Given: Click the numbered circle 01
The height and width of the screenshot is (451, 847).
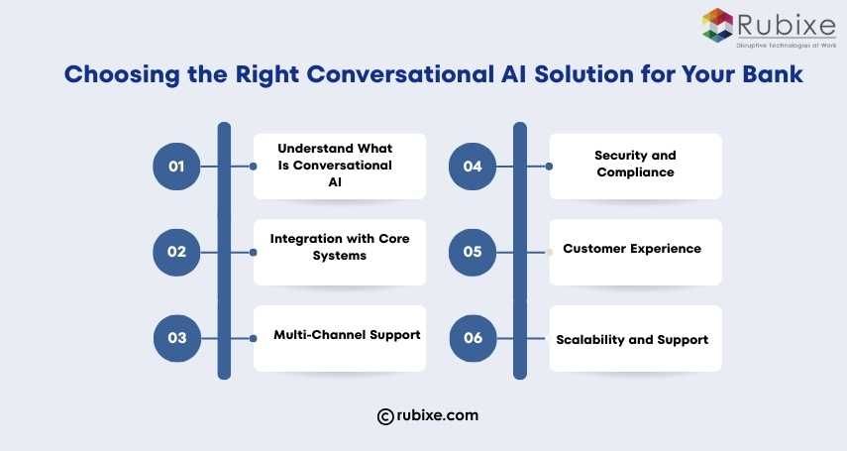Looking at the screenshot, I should point(176,167).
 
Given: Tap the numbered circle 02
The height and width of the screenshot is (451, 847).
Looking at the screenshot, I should point(176,252).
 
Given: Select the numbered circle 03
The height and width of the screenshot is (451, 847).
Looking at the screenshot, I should point(176,338).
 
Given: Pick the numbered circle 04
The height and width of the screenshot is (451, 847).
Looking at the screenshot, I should point(473,167).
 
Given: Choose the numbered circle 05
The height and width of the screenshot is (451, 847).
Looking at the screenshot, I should point(473,252).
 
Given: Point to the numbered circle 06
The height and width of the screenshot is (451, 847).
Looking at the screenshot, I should point(473,338).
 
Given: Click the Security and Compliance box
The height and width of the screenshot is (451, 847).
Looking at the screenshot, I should point(635,166).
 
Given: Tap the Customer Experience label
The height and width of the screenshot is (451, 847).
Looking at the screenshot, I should point(632,249).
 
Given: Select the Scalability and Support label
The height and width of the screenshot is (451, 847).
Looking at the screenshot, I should point(632,339).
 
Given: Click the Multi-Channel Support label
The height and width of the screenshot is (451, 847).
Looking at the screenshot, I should point(347,335).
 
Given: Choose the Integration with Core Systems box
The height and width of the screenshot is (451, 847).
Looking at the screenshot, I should point(339,252).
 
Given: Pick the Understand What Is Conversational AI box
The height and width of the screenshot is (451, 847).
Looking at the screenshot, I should point(339,166).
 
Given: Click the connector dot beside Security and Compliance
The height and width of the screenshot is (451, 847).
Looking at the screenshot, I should point(550,167).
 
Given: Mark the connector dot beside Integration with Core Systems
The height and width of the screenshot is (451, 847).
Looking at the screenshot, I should point(255,252).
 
